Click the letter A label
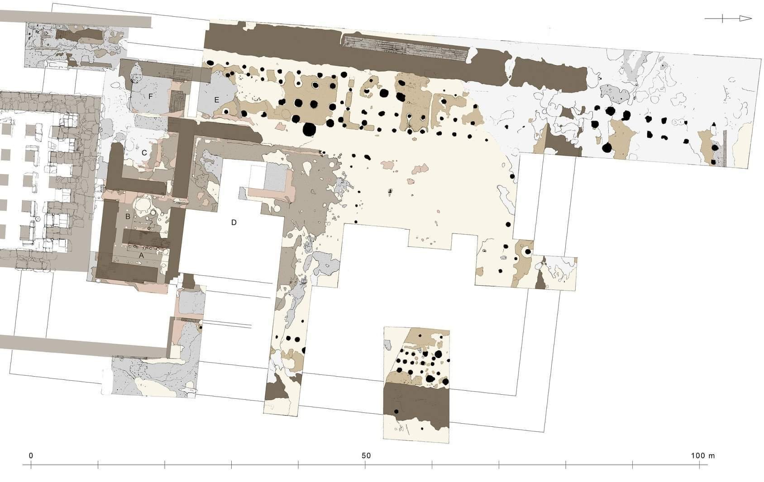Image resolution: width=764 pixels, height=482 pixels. (141, 255)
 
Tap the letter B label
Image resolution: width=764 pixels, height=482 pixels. (128, 216)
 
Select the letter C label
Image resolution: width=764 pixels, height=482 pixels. (144, 153)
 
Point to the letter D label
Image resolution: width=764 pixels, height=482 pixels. (234, 222)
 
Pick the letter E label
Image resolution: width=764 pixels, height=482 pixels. (216, 100)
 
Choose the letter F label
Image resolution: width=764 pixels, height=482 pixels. (150, 96)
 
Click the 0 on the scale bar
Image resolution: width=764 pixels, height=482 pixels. (31, 456)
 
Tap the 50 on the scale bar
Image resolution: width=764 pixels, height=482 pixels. (366, 456)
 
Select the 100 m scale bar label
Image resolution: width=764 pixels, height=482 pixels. (702, 456)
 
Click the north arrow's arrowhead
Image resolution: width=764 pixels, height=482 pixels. (745, 19)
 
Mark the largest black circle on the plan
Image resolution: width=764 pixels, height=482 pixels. (309, 129)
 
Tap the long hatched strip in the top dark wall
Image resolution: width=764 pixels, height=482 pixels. (405, 48)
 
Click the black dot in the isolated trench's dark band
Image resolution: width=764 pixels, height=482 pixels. (396, 411)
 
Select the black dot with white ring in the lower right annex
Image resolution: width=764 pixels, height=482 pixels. (528, 252)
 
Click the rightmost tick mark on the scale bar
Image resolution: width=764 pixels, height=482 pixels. (700, 465)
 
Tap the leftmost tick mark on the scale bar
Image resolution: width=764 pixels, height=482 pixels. (31, 465)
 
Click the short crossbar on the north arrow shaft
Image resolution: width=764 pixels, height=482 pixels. (722, 19)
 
